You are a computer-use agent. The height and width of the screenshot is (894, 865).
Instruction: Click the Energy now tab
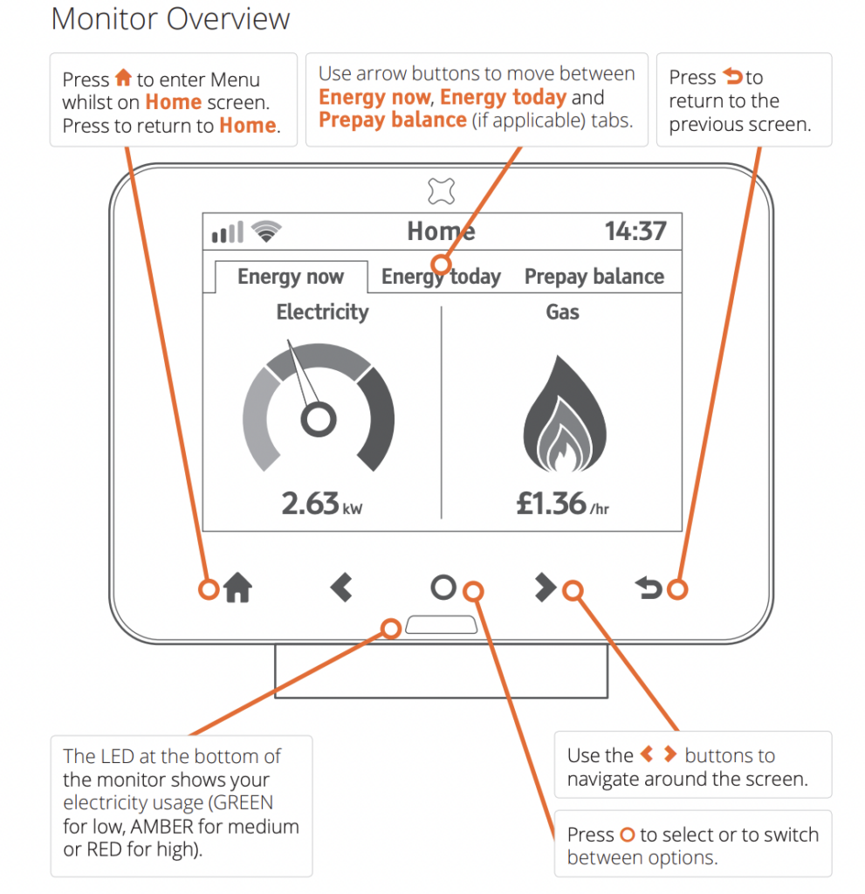tap(291, 277)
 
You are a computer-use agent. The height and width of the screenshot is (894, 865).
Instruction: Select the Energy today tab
tap(441, 277)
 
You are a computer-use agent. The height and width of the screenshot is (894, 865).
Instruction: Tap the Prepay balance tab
tap(594, 277)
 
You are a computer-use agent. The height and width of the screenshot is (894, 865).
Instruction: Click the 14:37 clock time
tap(635, 231)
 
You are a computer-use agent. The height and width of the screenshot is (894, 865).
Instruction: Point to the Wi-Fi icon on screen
tap(266, 231)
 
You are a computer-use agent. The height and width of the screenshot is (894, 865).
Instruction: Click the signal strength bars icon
tap(228, 232)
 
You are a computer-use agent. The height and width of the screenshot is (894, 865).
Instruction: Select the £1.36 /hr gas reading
tap(562, 504)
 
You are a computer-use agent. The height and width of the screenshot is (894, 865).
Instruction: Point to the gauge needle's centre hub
tap(318, 420)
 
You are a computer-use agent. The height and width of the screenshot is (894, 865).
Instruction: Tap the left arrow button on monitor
tap(341, 588)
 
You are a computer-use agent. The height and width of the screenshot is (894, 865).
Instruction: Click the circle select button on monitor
tap(443, 588)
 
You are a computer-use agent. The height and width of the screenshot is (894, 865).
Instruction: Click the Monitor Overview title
tap(171, 19)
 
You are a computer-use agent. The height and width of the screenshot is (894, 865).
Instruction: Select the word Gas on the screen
tap(562, 312)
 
